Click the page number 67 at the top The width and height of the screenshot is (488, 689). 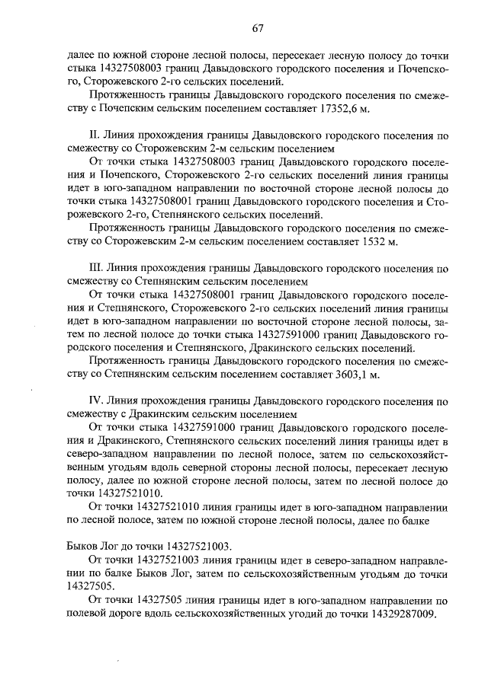[257, 28]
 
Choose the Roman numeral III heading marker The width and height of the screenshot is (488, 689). [96, 268]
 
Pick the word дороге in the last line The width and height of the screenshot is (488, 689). [127, 614]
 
